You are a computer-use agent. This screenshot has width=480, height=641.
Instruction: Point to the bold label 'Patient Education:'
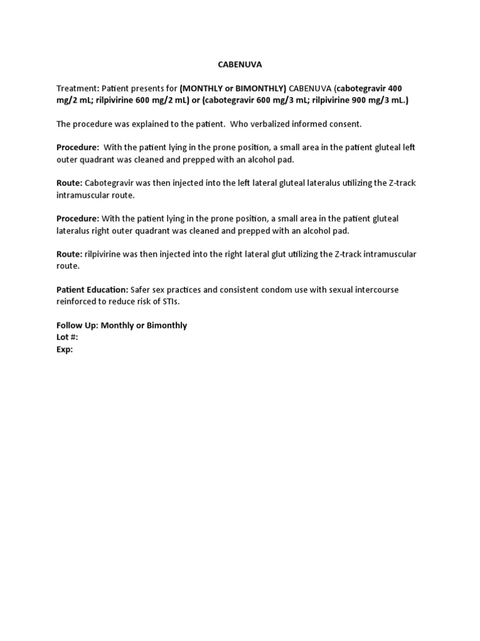coord(92,290)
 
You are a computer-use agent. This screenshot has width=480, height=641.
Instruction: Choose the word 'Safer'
coord(142,290)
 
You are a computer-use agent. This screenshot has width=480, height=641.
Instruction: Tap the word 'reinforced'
coord(77,302)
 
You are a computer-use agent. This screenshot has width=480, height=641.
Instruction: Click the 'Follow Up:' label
coord(77,326)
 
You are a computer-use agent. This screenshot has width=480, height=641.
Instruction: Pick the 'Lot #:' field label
coord(67,337)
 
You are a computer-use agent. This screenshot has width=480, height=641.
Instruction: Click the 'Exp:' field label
coord(65,349)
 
